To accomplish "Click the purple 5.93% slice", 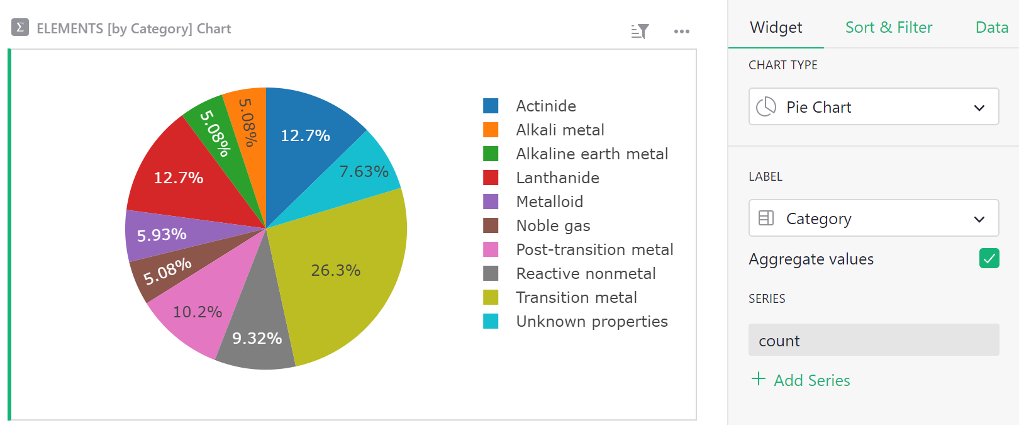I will click(x=162, y=235).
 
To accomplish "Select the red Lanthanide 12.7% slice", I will click(x=179, y=178).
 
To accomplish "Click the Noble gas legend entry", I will click(x=553, y=225).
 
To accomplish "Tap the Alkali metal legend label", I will click(x=560, y=130).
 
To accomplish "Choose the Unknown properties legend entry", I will click(x=591, y=321).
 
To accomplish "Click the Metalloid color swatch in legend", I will click(x=491, y=201).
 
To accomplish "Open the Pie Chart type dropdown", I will click(x=873, y=107).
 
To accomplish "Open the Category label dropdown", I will click(x=873, y=218).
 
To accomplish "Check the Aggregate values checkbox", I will click(x=989, y=258).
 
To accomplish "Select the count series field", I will click(x=873, y=341).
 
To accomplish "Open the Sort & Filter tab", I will click(x=888, y=28).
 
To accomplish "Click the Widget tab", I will click(x=776, y=28).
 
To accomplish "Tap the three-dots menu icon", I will click(x=681, y=31).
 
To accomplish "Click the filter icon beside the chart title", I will click(x=640, y=31).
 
